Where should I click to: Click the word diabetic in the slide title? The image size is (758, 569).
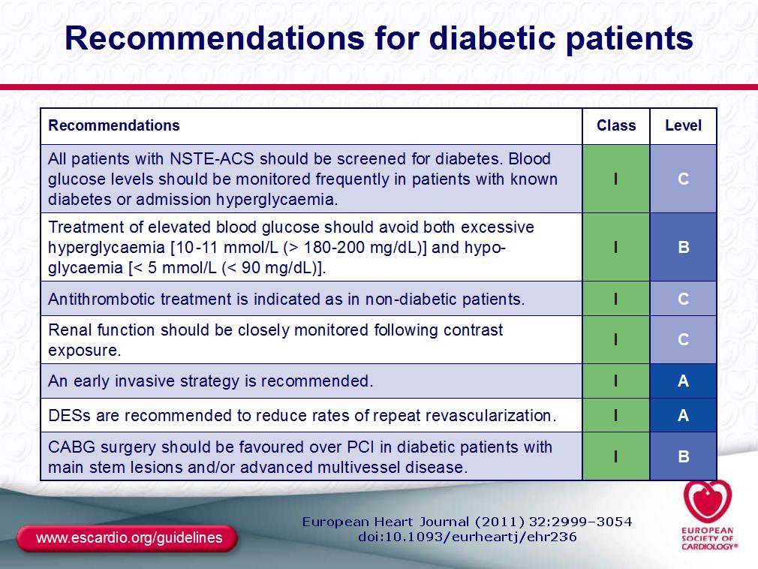click(x=492, y=38)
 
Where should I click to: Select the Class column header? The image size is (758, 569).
click(x=616, y=125)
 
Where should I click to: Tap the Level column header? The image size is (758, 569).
click(x=683, y=125)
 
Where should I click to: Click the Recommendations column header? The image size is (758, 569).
click(x=114, y=125)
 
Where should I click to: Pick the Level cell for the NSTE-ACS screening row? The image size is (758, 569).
click(x=683, y=179)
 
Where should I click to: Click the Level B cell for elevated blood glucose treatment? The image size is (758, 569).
click(x=683, y=248)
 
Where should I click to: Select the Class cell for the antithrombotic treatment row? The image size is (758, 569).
click(x=616, y=299)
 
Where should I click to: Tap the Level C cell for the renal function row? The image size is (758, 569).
click(x=683, y=340)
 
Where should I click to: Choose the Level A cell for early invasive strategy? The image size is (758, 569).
click(x=683, y=381)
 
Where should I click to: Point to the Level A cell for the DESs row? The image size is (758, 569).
click(x=683, y=415)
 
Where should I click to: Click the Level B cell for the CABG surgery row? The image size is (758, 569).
click(x=683, y=456)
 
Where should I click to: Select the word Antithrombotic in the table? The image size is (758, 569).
click(x=101, y=300)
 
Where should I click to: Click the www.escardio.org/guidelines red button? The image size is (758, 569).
click(x=127, y=538)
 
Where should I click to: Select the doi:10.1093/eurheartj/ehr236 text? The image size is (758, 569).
click(x=468, y=537)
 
